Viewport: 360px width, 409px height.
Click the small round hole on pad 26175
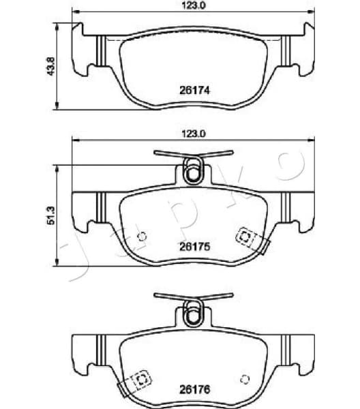(142, 238)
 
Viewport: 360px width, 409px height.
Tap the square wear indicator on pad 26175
(244, 236)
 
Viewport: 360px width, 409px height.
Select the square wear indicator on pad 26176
(141, 380)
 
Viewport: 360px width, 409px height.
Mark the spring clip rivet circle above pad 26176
(193, 314)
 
